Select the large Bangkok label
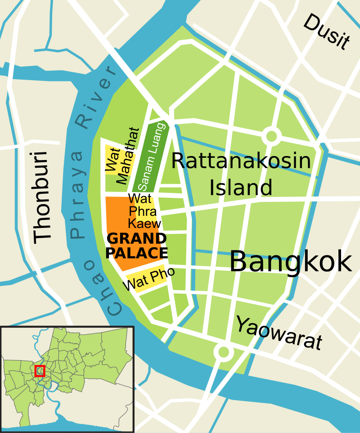(x=291, y=261)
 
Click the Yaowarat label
(x=279, y=333)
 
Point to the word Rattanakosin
(x=241, y=161)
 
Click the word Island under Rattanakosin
(x=241, y=187)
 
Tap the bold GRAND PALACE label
(x=136, y=246)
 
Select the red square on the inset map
(x=40, y=371)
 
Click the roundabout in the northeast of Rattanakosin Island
(x=271, y=135)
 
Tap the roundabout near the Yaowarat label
(x=223, y=352)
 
